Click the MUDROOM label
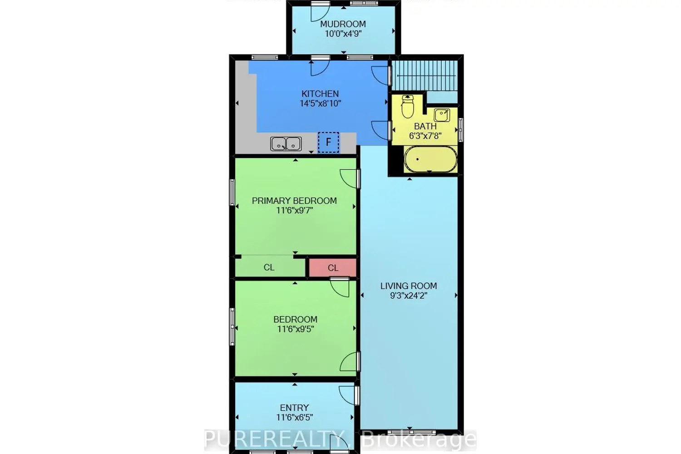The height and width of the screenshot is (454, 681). point(343,24)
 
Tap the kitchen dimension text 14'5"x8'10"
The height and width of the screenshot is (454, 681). point(320,104)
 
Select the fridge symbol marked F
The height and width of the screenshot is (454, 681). point(328,142)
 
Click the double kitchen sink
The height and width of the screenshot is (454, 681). point(286,144)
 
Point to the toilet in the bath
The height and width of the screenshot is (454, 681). point(408,107)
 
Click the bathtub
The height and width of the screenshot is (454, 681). point(430,159)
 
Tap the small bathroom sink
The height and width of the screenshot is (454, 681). point(442,115)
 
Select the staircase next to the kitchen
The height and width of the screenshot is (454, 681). point(424,75)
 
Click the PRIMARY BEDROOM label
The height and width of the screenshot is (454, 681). point(294,201)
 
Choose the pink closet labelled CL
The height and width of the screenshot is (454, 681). point(333,268)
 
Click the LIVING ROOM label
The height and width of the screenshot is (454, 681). point(409,286)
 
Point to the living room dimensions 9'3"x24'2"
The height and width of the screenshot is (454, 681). point(409,296)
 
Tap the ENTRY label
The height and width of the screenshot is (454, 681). point(294,408)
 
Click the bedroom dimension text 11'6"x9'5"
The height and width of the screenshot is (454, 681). point(295,329)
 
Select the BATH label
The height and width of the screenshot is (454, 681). point(425,126)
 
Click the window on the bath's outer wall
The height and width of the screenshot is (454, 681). point(461,130)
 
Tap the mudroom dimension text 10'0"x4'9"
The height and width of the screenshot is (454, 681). point(343,34)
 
